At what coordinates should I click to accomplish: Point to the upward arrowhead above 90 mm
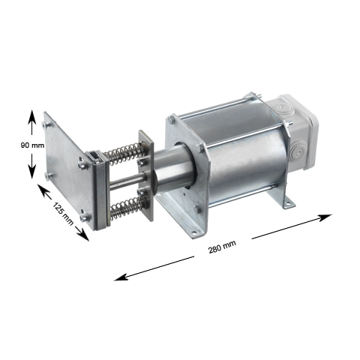[31, 115]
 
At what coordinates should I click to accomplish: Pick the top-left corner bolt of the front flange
[173, 118]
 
